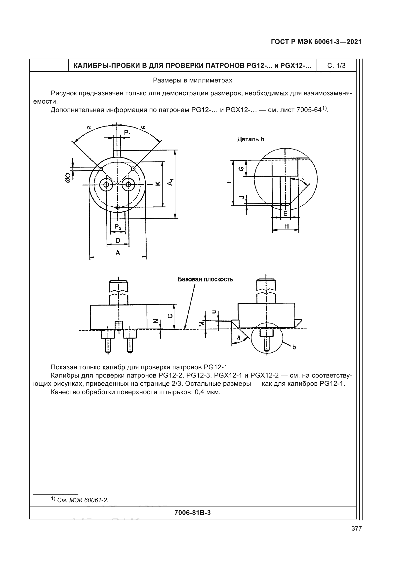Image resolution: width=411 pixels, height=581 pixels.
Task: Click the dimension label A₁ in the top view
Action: (x=171, y=182)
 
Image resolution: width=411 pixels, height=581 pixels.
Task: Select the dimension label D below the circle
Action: (x=118, y=240)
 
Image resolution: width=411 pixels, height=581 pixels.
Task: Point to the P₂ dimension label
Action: (x=118, y=227)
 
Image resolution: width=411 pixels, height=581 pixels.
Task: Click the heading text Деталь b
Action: (x=250, y=139)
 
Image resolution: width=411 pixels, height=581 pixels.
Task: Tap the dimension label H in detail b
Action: (x=286, y=226)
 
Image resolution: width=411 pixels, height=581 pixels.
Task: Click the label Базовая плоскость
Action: (x=205, y=279)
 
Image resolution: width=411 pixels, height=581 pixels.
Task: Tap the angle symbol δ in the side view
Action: (x=239, y=338)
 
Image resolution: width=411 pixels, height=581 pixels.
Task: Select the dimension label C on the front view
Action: (x=170, y=316)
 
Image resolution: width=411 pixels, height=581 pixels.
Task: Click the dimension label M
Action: (x=202, y=324)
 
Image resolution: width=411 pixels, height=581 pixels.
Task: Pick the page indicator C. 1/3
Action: (x=336, y=66)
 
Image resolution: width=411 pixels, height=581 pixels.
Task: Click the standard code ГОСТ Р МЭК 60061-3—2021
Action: (x=316, y=42)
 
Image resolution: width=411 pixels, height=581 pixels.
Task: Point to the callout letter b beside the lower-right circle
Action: (x=294, y=347)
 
